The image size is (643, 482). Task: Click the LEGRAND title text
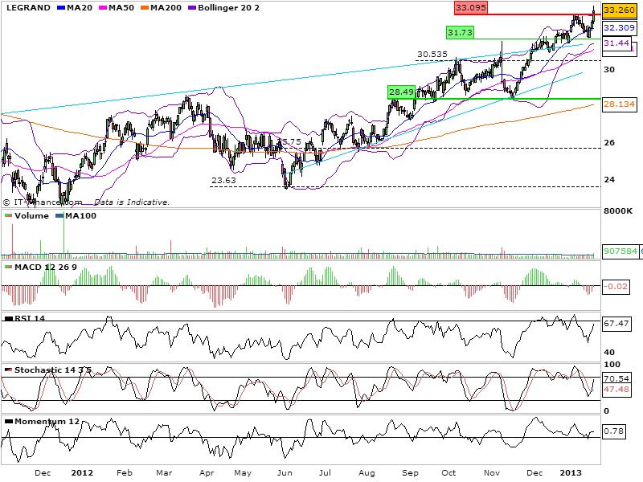26,7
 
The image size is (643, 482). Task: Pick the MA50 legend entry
118,7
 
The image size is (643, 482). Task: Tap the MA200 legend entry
166,7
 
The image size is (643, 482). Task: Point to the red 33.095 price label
471,7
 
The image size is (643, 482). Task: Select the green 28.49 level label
401,92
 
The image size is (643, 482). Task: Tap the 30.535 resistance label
432,55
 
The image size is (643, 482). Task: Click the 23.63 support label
223,181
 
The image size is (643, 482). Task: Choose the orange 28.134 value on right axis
616,104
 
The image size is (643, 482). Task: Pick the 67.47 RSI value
615,324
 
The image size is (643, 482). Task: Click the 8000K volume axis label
620,211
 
